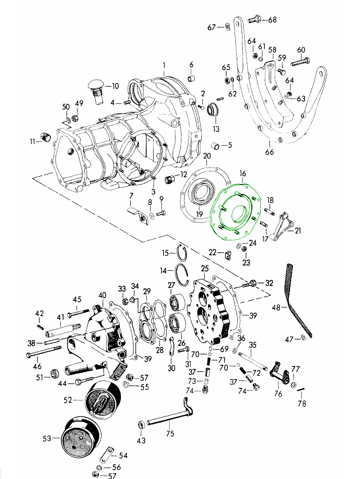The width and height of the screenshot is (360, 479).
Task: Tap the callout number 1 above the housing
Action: point(163,64)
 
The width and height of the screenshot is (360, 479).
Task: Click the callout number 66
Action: point(269,152)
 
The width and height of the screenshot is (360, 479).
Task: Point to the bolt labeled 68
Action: point(256,20)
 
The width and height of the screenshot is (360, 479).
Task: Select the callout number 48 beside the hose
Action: point(276,307)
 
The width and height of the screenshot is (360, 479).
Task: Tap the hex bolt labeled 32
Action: point(253,283)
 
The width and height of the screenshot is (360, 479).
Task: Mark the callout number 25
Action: point(205,268)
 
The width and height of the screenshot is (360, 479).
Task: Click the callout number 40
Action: point(103,295)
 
